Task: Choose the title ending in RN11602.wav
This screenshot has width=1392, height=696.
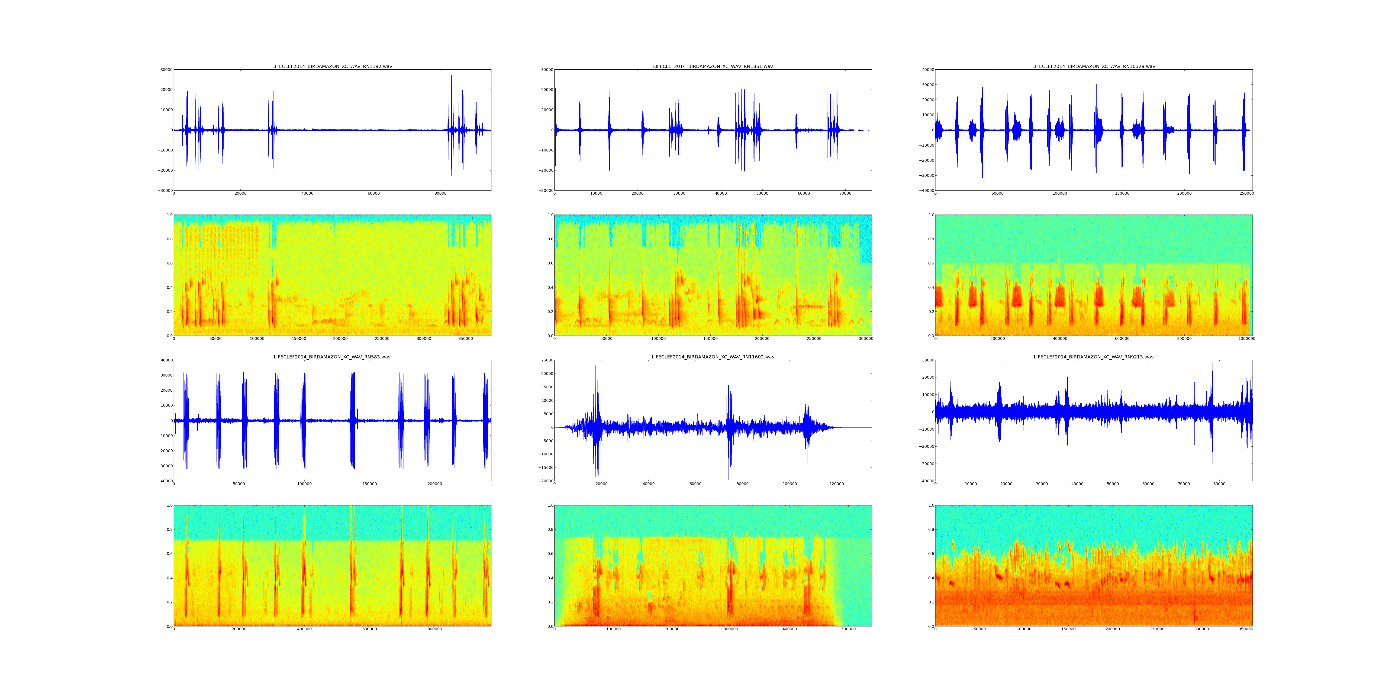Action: point(713,357)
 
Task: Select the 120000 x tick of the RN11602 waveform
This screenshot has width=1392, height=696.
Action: point(837,484)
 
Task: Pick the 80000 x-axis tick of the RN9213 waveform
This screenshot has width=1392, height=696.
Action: point(1219,484)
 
